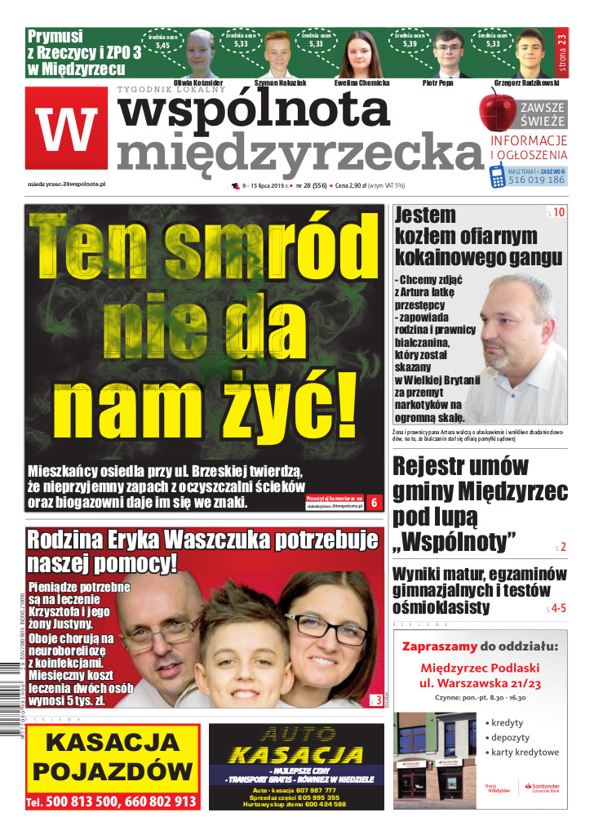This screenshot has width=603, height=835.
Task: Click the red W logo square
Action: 66,130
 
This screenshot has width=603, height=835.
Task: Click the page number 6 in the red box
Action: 375,503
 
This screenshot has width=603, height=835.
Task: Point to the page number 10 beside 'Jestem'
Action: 558,212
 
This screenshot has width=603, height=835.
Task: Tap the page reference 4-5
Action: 558,608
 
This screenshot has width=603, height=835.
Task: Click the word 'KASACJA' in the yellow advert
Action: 112,742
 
